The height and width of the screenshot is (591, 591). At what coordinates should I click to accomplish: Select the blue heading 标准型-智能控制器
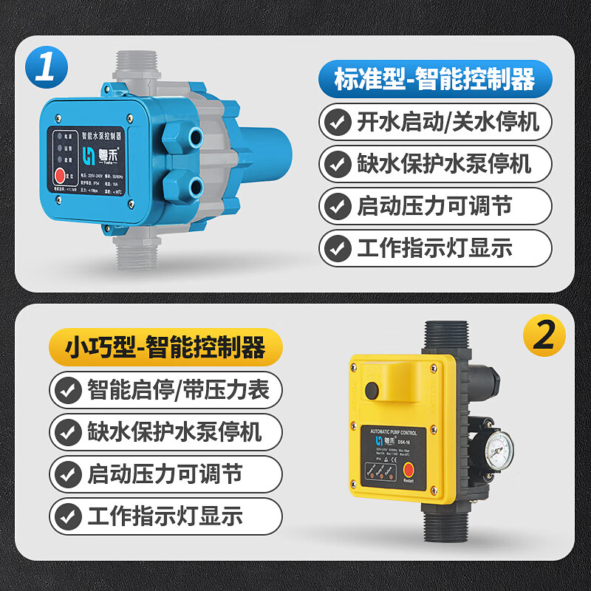[435, 78]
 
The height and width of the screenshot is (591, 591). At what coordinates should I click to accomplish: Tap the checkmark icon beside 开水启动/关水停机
[338, 120]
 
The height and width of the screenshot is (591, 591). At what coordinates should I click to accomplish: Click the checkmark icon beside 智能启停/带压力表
[69, 388]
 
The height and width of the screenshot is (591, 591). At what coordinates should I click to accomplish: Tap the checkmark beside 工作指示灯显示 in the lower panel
[69, 515]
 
